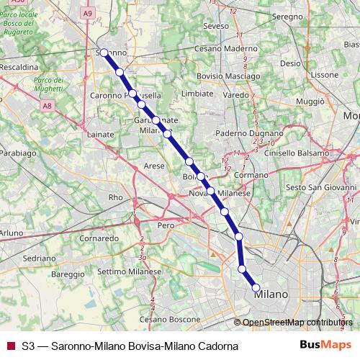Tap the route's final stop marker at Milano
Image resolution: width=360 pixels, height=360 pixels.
point(256,288)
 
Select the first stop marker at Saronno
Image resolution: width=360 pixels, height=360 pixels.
point(104,53)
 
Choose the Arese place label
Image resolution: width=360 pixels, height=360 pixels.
point(154,165)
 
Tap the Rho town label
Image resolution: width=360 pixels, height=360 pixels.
point(115,197)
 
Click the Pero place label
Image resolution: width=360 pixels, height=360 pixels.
point(166,225)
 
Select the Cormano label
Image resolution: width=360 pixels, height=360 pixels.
point(251,174)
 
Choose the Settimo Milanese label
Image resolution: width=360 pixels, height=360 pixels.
point(126,271)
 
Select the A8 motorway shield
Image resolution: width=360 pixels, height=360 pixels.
point(47,106)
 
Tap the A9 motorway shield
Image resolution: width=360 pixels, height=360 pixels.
point(88,13)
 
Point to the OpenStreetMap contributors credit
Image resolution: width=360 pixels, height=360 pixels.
point(298,323)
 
